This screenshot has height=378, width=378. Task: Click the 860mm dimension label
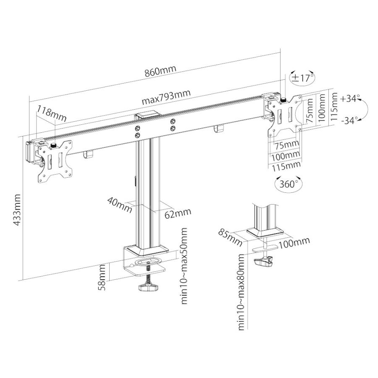click(x=160, y=71)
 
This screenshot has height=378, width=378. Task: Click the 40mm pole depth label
click(x=120, y=205)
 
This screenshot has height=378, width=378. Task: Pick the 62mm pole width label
click(x=178, y=213)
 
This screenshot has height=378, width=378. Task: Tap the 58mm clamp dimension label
click(x=102, y=278)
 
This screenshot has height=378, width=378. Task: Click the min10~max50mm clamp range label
click(x=184, y=266)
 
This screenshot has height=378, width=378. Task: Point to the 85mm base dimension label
click(x=230, y=237)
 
